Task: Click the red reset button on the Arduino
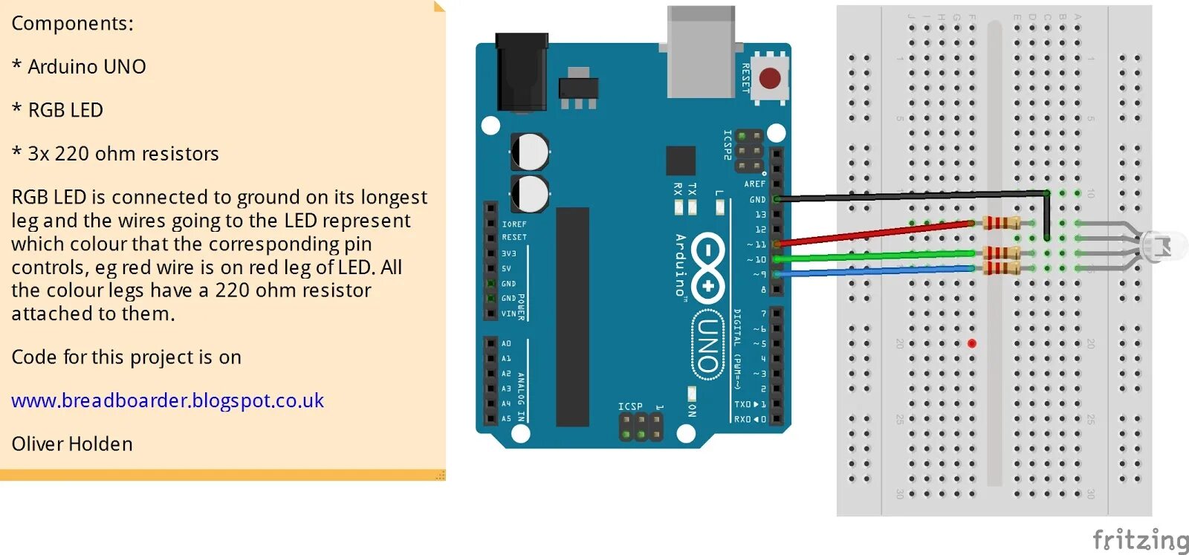click(x=770, y=78)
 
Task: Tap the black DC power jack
click(x=522, y=71)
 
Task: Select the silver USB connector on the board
click(x=701, y=52)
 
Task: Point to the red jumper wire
click(x=877, y=232)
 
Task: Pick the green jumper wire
click(x=877, y=256)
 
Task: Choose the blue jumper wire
click(x=877, y=271)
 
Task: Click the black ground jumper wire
click(x=907, y=196)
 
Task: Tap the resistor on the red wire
click(x=1000, y=222)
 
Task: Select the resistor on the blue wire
click(x=1000, y=267)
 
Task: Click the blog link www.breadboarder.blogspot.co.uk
click(x=167, y=400)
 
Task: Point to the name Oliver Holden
click(x=72, y=444)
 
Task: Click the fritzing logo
click(x=1140, y=539)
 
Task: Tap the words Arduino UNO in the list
click(x=86, y=67)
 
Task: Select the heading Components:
click(x=72, y=23)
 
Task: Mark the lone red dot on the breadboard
click(x=972, y=343)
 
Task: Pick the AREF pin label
click(x=754, y=184)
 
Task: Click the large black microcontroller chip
click(x=572, y=317)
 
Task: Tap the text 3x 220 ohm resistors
click(x=123, y=154)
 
